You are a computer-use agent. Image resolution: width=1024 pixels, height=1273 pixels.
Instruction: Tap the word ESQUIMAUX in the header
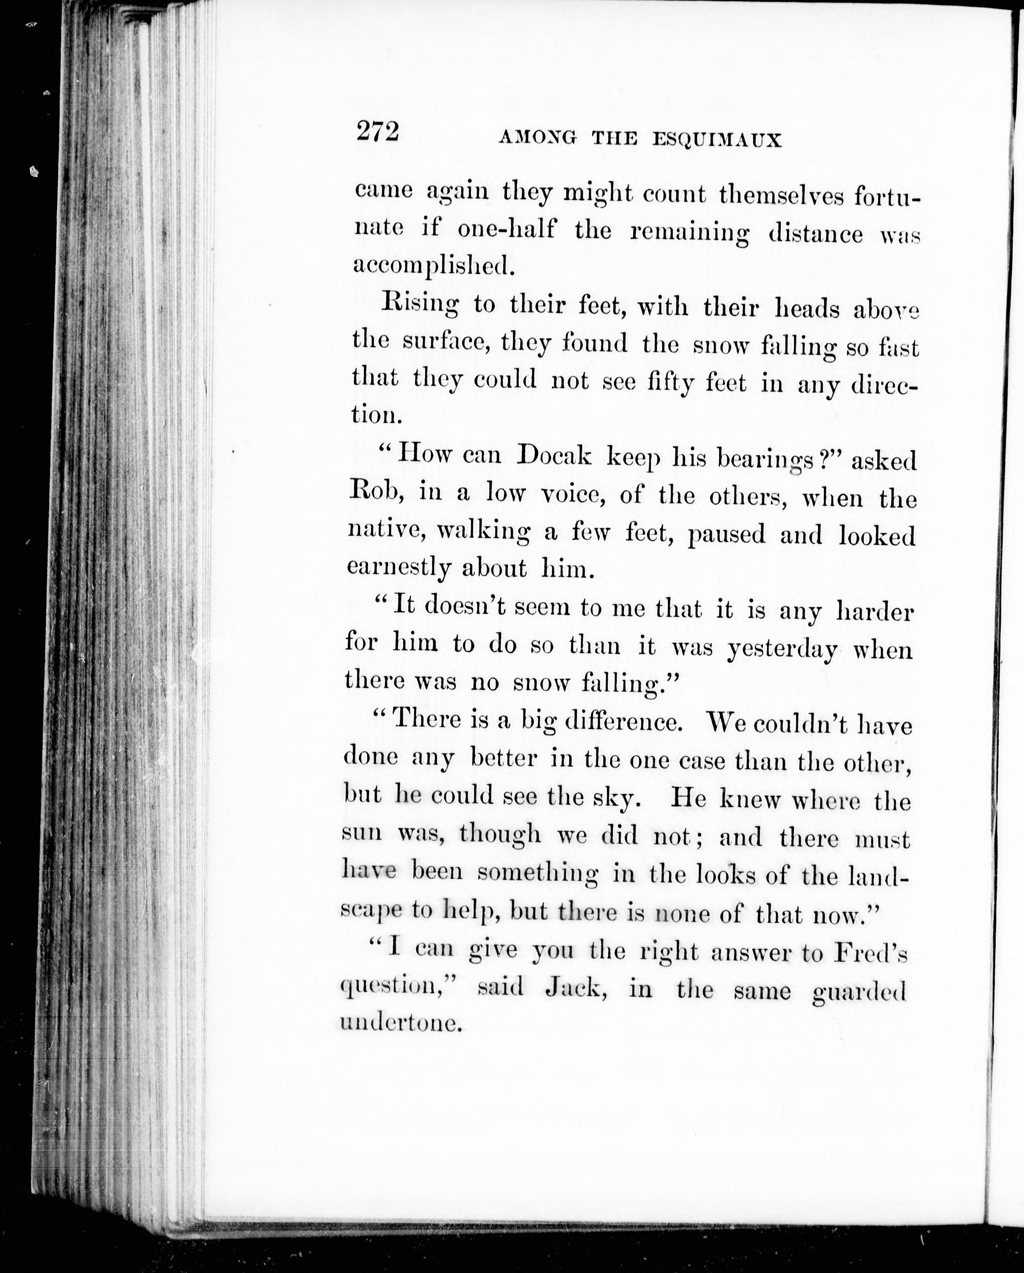click(717, 140)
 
